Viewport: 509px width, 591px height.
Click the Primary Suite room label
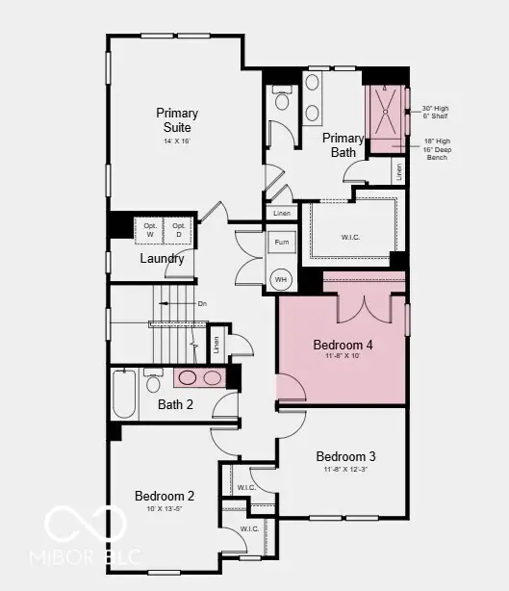point(176,120)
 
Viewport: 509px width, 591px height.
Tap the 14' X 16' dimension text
point(176,141)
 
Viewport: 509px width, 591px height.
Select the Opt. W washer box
point(150,229)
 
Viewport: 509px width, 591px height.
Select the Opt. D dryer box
point(178,229)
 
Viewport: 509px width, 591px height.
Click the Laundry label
point(162,258)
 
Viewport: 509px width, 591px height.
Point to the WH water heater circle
point(281,280)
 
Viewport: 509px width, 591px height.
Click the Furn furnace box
point(281,243)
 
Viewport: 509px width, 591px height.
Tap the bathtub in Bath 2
point(124,394)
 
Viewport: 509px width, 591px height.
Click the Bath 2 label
point(176,404)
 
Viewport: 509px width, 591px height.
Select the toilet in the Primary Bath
point(283,99)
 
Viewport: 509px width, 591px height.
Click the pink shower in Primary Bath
point(388,118)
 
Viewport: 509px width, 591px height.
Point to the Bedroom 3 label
point(345,456)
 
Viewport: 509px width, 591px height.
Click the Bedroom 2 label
point(165,496)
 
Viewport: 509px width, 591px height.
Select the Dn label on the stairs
point(202,303)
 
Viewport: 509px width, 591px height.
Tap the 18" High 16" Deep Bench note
point(436,148)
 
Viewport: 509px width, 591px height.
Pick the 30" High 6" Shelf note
point(436,113)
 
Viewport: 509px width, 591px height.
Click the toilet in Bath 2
point(153,382)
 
